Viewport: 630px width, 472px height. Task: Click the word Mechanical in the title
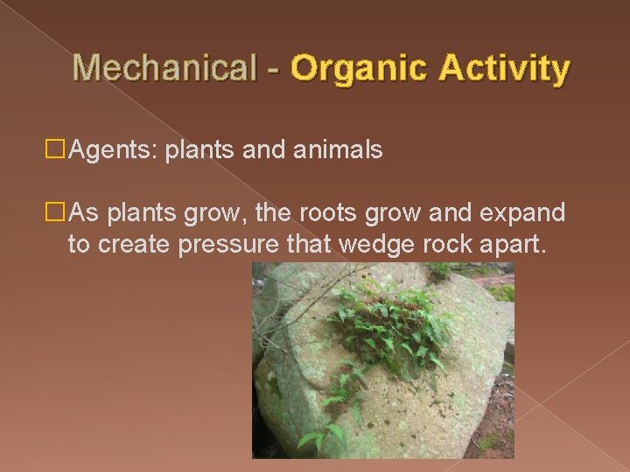coord(164,67)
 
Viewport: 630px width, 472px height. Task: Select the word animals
coord(339,150)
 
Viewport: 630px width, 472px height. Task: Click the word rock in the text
coord(446,245)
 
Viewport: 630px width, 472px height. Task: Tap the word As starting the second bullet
coord(83,213)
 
